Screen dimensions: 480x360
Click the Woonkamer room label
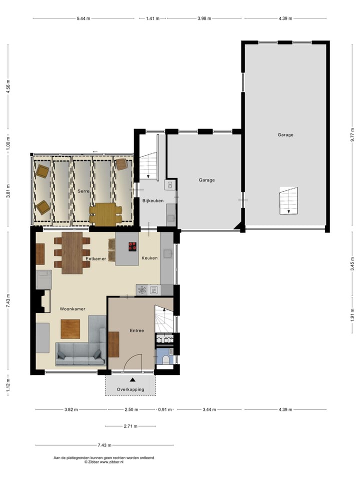72,309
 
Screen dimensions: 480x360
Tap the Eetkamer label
95,258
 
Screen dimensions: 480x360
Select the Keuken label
149,258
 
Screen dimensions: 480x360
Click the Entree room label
137,330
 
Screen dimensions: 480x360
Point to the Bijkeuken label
153,200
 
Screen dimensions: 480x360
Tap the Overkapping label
130,389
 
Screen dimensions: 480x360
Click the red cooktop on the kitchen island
132,246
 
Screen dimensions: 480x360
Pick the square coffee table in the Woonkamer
70,328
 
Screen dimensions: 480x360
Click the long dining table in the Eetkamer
72,252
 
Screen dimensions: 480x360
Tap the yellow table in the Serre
105,213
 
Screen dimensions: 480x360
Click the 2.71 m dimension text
130,426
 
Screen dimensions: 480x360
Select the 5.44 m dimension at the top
83,18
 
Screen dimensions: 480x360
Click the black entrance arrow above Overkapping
132,380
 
